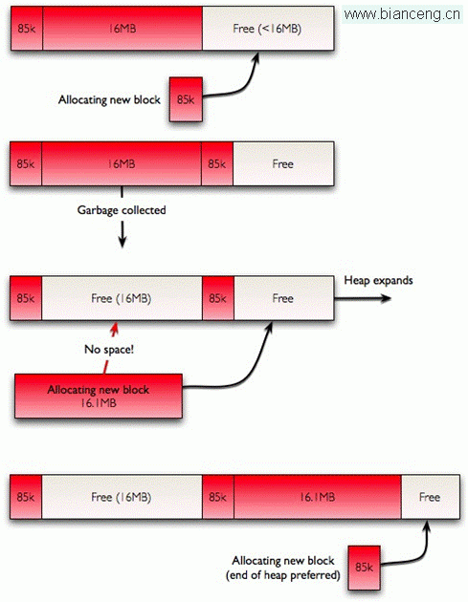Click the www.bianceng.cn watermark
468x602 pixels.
coord(402,14)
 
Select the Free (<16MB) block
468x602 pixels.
coord(268,28)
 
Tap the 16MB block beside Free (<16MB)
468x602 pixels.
coord(123,28)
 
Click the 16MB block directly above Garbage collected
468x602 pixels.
coord(122,164)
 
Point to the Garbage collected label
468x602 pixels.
coord(122,210)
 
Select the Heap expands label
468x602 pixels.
coord(378,280)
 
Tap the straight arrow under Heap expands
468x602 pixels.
coord(363,298)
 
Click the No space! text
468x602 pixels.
coord(109,350)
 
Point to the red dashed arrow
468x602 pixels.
coord(109,348)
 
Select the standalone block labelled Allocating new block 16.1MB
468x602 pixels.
coord(99,396)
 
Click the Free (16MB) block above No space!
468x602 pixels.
coord(122,298)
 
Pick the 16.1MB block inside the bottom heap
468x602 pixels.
coord(318,497)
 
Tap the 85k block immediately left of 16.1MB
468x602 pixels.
coord(218,497)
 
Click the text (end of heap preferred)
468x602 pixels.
coord(283,575)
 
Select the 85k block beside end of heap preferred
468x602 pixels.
coord(365,568)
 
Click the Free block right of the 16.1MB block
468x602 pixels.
coord(431,497)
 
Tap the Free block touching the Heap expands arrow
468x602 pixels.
coord(284,298)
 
